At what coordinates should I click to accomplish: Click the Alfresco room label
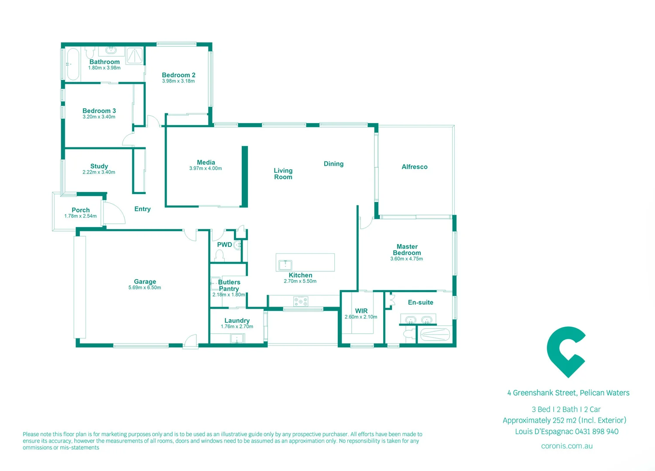tap(415, 167)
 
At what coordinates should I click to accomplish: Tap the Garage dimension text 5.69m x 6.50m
tap(144, 288)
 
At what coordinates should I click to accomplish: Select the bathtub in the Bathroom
tap(73, 64)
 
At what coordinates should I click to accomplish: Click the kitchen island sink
tap(285, 265)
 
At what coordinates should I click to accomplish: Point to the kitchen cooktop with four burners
tap(300, 301)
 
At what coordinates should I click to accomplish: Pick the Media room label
tap(206, 162)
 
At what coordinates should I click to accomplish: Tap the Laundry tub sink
tap(237, 338)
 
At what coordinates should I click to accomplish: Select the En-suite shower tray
tap(434, 334)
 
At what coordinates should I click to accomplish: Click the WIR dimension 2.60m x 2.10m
tap(361, 317)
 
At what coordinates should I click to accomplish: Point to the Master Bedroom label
tap(407, 249)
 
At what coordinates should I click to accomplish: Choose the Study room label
tap(99, 166)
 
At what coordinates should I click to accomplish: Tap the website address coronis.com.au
tap(566, 446)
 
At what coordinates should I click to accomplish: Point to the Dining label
tap(333, 164)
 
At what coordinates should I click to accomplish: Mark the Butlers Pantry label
tap(229, 285)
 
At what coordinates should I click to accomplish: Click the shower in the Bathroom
tap(134, 55)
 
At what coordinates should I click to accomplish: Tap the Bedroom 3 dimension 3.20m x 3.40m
tap(99, 117)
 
